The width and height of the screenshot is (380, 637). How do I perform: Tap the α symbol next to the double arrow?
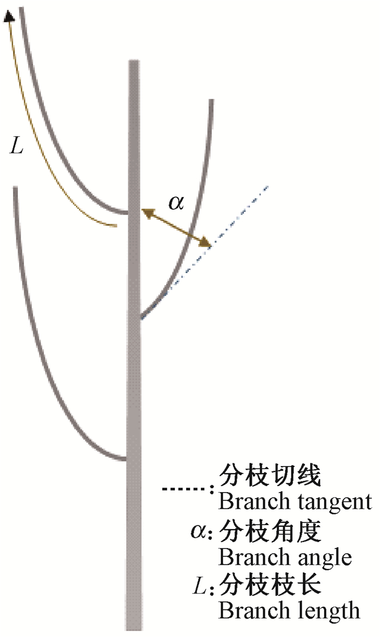coord(176,202)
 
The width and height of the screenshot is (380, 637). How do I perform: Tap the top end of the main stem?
coord(134,61)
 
